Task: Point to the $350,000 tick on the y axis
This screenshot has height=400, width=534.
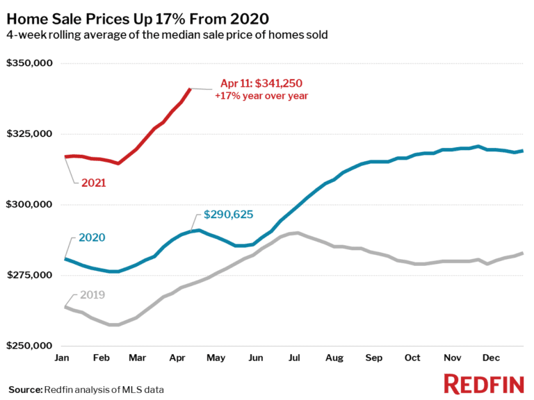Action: pos(30,64)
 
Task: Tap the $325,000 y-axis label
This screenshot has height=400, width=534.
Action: pos(30,134)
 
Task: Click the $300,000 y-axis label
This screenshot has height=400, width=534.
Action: pos(30,205)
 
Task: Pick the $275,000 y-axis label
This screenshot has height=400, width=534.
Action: pos(30,276)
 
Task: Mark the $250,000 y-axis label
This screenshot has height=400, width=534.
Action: pos(30,346)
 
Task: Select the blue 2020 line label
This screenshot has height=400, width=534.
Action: pos(92,237)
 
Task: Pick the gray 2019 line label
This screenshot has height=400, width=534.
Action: pos(92,295)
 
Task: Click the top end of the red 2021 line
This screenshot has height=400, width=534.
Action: pos(190,89)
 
